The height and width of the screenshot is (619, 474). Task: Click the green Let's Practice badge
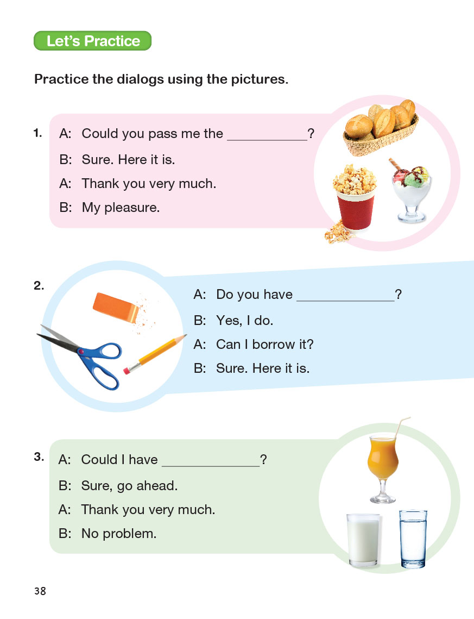coord(93,41)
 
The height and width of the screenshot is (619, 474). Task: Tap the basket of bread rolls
coord(381,128)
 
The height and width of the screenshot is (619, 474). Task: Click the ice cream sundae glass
coord(411,191)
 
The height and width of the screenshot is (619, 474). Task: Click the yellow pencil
coord(155,354)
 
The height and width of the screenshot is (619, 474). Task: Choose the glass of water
coord(413,539)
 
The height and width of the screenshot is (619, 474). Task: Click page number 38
coord(40,591)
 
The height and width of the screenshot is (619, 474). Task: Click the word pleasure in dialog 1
coord(132,208)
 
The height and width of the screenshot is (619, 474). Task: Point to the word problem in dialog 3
coord(129,534)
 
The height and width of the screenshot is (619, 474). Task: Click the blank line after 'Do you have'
coord(345,301)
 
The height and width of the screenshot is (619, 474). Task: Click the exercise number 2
coord(39,285)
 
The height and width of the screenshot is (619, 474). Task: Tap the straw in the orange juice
coord(400,427)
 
